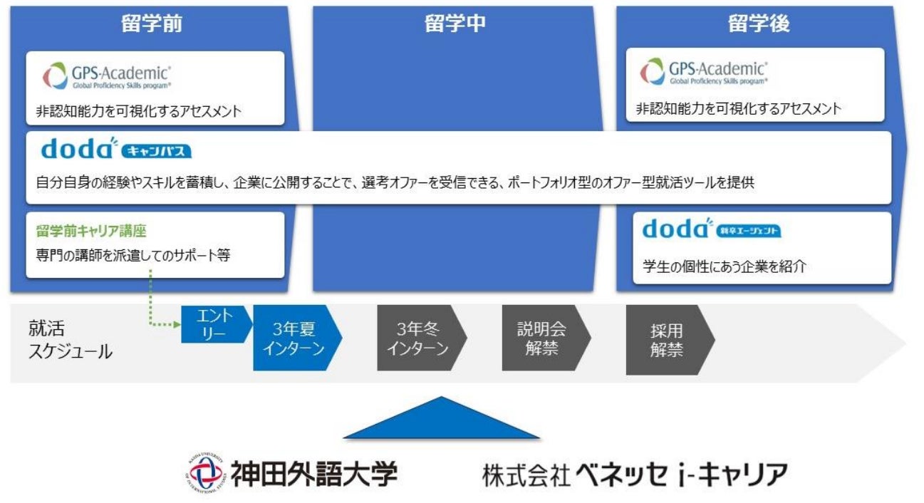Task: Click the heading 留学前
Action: pos(152,24)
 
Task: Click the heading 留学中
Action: pos(455,24)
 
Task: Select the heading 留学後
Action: pos(759,24)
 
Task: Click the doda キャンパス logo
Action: pos(116,150)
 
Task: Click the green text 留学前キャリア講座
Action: pos(91,232)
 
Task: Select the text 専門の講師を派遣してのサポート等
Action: pos(133,256)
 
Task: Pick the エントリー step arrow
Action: pos(214,324)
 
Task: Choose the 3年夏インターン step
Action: pos(294,338)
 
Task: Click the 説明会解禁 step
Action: pos(543,338)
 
